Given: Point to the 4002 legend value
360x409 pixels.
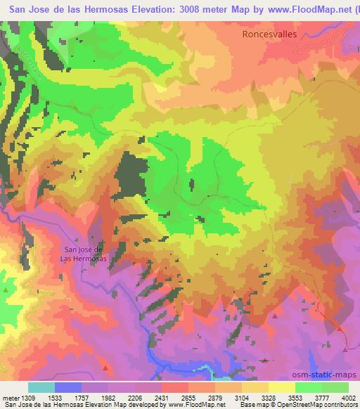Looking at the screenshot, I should [348, 398].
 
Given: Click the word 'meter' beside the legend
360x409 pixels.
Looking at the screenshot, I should [10, 398].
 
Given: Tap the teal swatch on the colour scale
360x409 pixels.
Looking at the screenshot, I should [41, 387].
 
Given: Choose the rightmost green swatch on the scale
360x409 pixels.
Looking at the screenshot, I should [335, 387].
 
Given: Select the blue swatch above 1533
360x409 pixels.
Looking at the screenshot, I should [68, 387].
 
